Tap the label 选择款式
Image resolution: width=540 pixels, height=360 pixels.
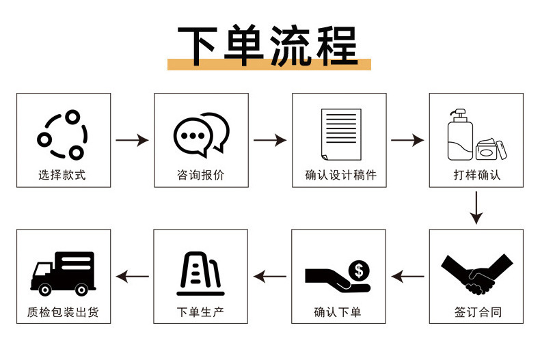pyautogui.click(x=62, y=175)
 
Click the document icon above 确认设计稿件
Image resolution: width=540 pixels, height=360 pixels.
pyautogui.click(x=340, y=133)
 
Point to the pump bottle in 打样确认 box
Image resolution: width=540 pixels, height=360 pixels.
pyautogui.click(x=459, y=135)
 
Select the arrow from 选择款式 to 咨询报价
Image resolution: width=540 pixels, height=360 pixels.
pyautogui.click(x=132, y=140)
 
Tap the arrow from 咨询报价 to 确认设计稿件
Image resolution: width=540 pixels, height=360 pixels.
pyautogui.click(x=270, y=140)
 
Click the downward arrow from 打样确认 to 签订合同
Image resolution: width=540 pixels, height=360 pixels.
pyautogui.click(x=476, y=208)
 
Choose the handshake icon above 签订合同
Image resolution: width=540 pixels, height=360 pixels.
pyautogui.click(x=477, y=273)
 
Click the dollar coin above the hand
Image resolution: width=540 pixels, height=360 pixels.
pyautogui.click(x=358, y=270)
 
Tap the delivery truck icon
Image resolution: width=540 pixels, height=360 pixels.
pyautogui.click(x=63, y=272)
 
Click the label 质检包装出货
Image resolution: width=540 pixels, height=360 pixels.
pyautogui.click(x=63, y=313)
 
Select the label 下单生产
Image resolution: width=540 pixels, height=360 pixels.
pyautogui.click(x=200, y=313)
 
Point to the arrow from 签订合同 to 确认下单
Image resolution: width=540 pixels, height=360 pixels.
pyautogui.click(x=407, y=277)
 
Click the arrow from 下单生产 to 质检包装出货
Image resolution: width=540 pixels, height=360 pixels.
pyautogui.click(x=132, y=277)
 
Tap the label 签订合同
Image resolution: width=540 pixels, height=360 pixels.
pyautogui.click(x=477, y=313)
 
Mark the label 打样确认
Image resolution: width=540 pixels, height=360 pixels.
pyautogui.click(x=476, y=175)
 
